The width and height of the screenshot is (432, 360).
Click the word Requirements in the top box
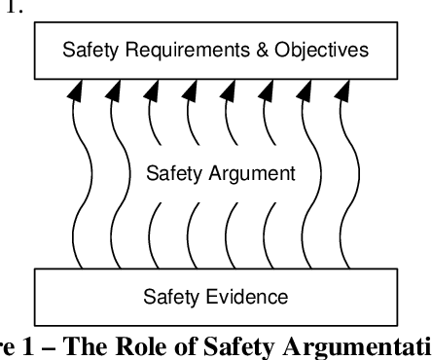(x=178, y=48)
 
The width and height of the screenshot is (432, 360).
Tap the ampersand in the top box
(x=249, y=48)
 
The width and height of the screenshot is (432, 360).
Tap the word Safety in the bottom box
(x=170, y=295)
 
